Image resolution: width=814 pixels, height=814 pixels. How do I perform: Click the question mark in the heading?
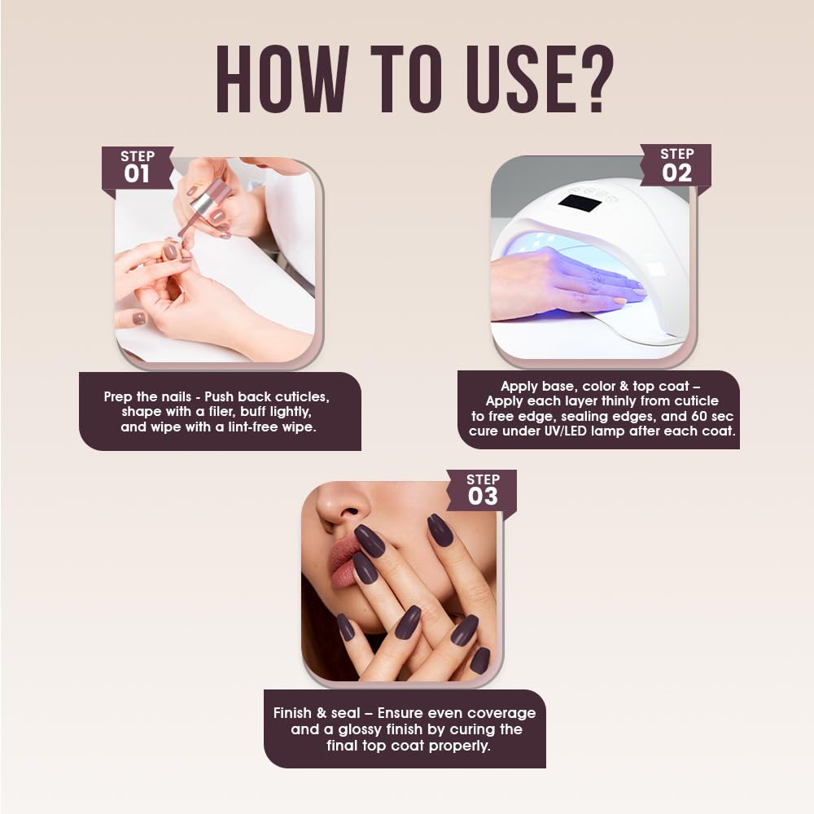click(597, 79)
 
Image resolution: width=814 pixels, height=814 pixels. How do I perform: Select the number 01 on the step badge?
click(137, 174)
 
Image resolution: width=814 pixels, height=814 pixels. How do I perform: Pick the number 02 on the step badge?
click(677, 173)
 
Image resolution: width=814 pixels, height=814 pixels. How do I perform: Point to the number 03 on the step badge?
click(483, 497)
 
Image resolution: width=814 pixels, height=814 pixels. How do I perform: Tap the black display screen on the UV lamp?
click(580, 203)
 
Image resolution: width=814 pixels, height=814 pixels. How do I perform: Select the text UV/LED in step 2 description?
click(562, 431)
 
